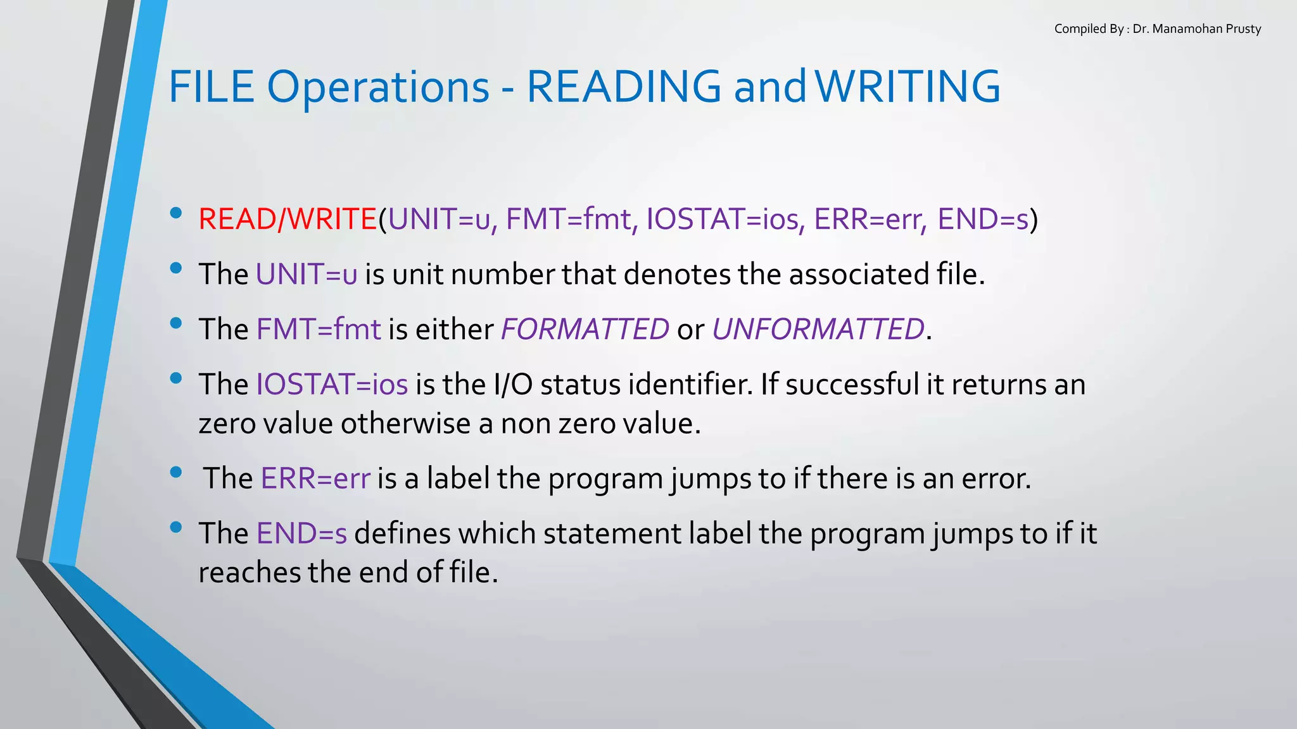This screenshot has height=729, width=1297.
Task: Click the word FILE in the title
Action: click(212, 87)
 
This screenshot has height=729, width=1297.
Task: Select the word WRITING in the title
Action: click(908, 87)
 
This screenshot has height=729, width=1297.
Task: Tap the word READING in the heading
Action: click(624, 87)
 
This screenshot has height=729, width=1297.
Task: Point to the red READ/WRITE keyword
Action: click(288, 219)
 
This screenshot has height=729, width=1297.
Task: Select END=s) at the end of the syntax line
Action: click(987, 219)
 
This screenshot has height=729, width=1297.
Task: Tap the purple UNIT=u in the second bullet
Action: click(307, 274)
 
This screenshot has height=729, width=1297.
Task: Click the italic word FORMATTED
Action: click(585, 329)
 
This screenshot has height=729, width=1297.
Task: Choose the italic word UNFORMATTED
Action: click(818, 329)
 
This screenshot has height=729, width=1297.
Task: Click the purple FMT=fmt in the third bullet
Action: click(319, 329)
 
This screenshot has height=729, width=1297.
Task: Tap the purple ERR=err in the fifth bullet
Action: click(315, 478)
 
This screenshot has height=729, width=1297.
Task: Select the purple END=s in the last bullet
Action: click(301, 533)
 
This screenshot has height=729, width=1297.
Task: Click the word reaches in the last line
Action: click(250, 573)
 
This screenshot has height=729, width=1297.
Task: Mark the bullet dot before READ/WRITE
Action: click(176, 213)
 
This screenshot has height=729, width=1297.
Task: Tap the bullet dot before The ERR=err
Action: click(176, 472)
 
